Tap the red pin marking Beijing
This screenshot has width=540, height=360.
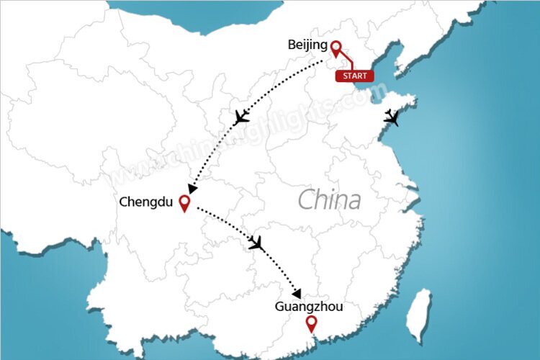[336, 48]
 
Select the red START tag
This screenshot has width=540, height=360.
[354, 76]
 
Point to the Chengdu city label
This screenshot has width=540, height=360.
[146, 202]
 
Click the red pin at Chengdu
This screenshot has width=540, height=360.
[184, 204]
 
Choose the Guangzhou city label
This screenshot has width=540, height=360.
[308, 307]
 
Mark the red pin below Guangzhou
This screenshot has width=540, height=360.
[311, 324]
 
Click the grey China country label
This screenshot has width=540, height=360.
[329, 199]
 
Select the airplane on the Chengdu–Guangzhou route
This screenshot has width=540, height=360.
[256, 243]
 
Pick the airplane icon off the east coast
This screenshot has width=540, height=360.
[392, 118]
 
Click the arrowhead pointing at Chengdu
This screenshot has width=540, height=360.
[193, 189]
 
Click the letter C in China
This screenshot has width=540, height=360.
[306, 199]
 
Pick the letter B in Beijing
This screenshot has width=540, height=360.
[292, 45]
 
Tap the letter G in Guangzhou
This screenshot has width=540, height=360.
[279, 307]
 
